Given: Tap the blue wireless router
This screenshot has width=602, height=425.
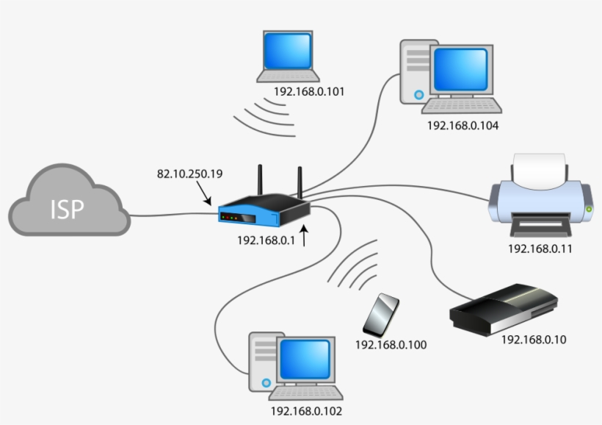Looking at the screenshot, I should [263, 213].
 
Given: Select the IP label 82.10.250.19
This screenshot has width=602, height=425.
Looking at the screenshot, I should [189, 174].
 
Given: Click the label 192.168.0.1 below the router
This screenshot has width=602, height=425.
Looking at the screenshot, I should [265, 240].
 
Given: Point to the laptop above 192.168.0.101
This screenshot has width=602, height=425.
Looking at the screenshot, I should [288, 56].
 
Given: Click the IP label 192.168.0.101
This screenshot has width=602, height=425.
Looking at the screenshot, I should [308, 92].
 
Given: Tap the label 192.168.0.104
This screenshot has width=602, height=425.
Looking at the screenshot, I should [463, 126].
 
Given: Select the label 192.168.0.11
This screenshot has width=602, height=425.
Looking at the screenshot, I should [540, 248].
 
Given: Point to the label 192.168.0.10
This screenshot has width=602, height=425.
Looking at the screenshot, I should [534, 340].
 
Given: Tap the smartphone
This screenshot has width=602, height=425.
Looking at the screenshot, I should [382, 315].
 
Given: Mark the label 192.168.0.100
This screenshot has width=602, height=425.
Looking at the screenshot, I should [391, 344].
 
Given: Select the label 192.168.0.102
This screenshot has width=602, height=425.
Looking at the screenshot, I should [306, 412].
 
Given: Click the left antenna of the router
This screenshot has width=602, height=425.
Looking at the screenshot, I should [260, 182].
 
